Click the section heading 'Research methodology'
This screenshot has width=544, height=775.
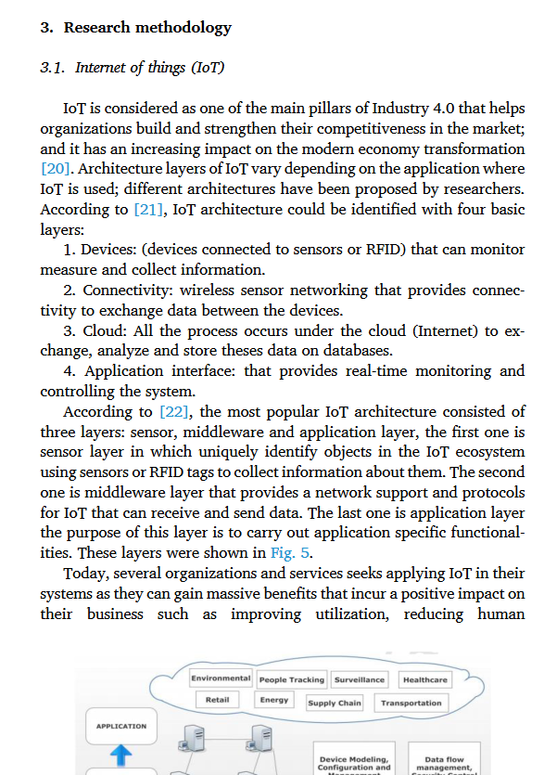pyautogui.click(x=147, y=28)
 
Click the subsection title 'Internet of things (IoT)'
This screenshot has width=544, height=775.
pyautogui.click(x=149, y=68)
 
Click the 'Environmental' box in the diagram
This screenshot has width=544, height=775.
pyautogui.click(x=221, y=679)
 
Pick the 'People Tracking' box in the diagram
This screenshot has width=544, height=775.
pyautogui.click(x=291, y=680)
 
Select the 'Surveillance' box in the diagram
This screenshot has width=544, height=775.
pyautogui.click(x=360, y=680)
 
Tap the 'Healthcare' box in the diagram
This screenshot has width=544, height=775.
pyautogui.click(x=424, y=680)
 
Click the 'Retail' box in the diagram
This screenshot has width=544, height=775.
pyautogui.click(x=218, y=700)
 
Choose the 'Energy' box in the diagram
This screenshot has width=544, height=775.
pyautogui.click(x=273, y=700)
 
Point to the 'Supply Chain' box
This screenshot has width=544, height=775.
pyautogui.click(x=335, y=704)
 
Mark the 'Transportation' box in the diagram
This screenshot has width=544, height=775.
pyautogui.click(x=411, y=704)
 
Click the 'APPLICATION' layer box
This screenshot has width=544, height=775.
pyautogui.click(x=121, y=726)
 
